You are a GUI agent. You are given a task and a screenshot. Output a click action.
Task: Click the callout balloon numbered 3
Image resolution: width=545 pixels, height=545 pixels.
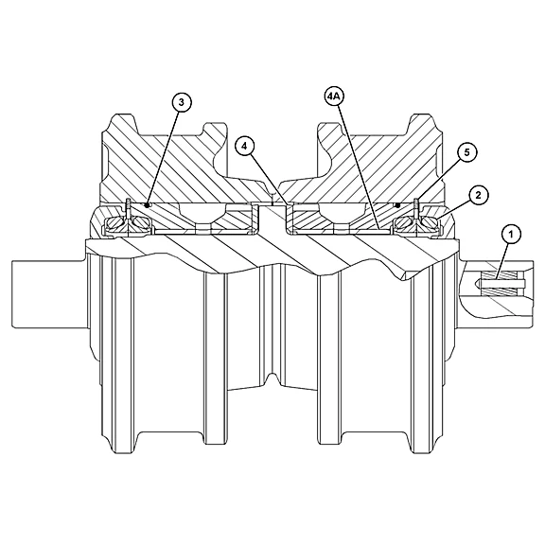tap(182, 102)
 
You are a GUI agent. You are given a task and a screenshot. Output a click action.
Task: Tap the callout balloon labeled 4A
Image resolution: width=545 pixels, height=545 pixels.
tap(333, 97)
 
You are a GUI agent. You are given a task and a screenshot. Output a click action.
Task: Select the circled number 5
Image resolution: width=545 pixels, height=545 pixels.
tap(466, 152)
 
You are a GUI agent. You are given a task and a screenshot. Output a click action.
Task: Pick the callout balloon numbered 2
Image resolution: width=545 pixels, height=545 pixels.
tap(478, 195)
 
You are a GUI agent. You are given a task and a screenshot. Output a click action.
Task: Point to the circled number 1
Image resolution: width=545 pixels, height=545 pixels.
tap(511, 235)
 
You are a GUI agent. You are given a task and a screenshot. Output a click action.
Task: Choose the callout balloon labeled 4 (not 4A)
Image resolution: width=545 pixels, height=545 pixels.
tap(245, 147)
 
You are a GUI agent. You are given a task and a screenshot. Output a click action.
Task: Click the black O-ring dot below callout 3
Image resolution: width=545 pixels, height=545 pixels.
tap(148, 205)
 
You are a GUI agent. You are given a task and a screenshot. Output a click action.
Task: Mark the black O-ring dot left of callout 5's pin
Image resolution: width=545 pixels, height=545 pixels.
tap(398, 205)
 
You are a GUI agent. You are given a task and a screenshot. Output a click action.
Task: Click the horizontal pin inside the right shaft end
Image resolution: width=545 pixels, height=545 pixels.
tap(501, 283)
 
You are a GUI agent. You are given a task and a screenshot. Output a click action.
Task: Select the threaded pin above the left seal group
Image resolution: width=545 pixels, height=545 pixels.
tap(129, 207)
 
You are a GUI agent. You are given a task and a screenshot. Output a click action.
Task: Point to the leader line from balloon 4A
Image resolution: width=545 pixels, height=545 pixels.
tap(359, 167)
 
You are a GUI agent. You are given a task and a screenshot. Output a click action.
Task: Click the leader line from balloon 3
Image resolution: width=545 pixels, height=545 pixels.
tap(163, 158)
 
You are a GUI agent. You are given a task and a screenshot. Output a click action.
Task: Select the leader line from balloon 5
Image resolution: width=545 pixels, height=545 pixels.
tap(438, 181)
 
